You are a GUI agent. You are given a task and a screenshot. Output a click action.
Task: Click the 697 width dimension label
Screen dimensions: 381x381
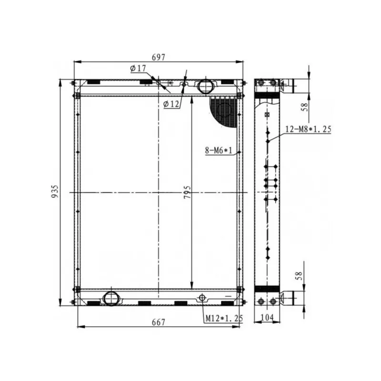click(159, 57)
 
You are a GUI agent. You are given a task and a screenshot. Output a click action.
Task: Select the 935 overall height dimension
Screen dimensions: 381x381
click(55, 191)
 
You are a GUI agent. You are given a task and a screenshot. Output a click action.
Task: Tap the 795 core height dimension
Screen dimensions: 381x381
click(187, 192)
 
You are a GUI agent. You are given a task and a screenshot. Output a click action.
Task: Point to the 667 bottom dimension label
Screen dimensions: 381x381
click(159, 322)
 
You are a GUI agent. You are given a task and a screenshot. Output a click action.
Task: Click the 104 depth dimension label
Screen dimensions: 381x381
click(267, 317)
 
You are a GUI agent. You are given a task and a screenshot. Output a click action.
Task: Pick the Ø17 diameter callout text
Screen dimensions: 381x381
click(138, 69)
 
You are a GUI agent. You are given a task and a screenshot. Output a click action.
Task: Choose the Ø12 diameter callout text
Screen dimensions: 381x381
click(171, 104)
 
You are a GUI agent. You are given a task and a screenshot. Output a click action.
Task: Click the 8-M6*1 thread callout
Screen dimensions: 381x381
click(219, 150)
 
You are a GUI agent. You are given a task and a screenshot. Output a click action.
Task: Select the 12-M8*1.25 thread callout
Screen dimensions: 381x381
click(308, 129)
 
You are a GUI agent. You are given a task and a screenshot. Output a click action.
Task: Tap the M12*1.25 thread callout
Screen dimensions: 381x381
click(224, 318)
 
